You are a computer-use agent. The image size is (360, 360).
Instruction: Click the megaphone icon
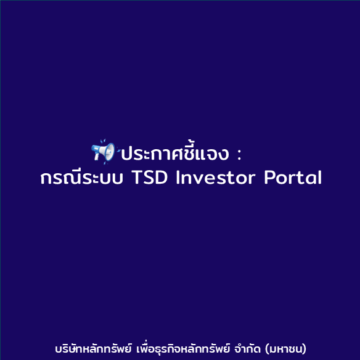point(105,152)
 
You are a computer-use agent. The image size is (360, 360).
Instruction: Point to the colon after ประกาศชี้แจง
point(239,154)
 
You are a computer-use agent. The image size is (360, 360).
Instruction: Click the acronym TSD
point(149,178)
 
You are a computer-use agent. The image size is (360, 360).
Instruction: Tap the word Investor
point(216,178)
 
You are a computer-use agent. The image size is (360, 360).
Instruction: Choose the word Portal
point(293,178)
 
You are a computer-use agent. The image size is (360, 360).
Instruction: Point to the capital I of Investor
point(178,178)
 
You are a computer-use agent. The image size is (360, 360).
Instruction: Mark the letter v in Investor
point(197,179)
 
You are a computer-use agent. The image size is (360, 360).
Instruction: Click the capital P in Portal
point(269,178)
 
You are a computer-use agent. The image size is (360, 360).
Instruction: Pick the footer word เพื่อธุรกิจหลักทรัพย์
point(183,348)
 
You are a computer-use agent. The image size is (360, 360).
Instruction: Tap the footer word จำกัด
point(248,348)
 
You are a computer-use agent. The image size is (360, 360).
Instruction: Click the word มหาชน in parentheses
point(286,350)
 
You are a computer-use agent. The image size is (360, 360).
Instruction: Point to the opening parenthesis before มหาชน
point(267,349)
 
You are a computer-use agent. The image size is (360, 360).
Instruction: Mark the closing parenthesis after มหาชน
point(305,349)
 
